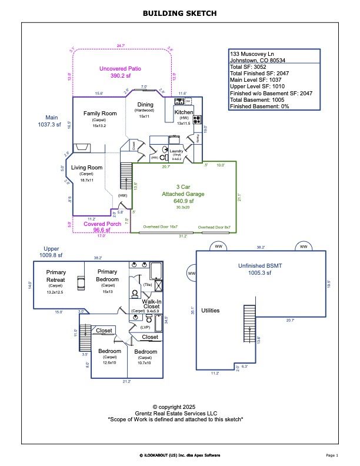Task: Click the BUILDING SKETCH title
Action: (x=180, y=13)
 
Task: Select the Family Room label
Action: (x=99, y=114)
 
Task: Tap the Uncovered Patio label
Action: (x=122, y=69)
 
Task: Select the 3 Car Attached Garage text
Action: (x=184, y=194)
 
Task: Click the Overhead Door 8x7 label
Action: (x=214, y=227)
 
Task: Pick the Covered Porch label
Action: (x=102, y=224)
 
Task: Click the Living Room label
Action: (x=87, y=168)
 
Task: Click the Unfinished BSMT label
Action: (x=259, y=266)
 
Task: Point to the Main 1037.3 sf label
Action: (x=49, y=121)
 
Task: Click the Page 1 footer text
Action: (x=332, y=455)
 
